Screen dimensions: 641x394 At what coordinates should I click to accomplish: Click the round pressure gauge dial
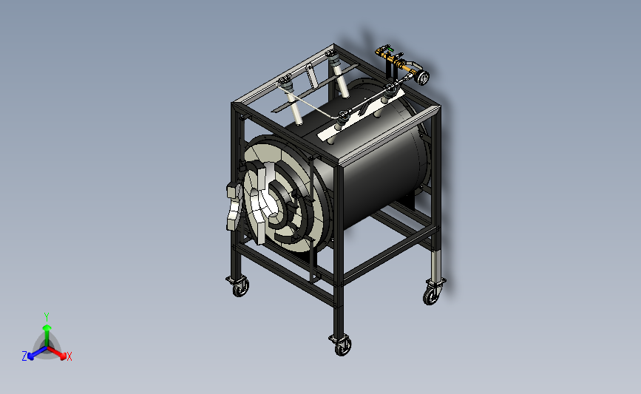[x=423, y=77]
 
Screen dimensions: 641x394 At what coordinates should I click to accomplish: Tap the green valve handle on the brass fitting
[x=390, y=50]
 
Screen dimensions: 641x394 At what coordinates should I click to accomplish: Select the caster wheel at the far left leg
[x=240, y=288]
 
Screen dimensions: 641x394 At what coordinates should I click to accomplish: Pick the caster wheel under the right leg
[x=432, y=295]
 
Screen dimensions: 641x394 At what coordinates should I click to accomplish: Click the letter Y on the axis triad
[x=47, y=317]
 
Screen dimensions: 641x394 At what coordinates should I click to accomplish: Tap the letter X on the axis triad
[x=69, y=356]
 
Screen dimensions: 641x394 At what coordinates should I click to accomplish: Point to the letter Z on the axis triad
[x=24, y=356]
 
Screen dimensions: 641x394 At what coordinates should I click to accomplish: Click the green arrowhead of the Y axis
[x=47, y=327]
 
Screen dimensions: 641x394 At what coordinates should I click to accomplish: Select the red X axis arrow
[x=57, y=353]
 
